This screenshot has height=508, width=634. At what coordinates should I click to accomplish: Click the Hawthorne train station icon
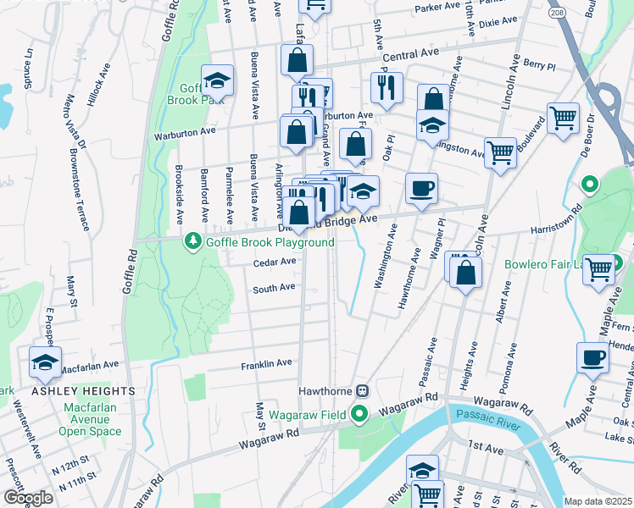362,391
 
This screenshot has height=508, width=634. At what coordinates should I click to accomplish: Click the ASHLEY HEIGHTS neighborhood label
84,391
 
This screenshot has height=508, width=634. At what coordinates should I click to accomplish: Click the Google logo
28,498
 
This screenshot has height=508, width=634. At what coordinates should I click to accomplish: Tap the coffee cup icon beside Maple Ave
592,356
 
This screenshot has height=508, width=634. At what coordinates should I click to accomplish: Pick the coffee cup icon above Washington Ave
420,188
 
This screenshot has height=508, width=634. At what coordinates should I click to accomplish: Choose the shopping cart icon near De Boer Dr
563,118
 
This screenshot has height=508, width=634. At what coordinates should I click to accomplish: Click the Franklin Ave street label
266,363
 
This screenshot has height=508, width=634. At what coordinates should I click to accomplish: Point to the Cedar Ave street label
275,262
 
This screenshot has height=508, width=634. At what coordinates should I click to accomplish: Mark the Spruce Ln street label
29,65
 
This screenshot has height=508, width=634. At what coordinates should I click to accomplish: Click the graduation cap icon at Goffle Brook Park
217,81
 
